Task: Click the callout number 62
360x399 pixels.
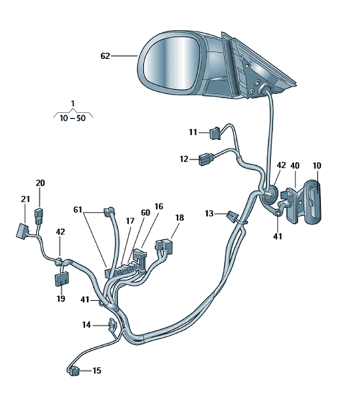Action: click(105, 56)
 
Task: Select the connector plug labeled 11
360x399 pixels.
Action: click(215, 133)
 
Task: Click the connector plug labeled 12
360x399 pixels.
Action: click(206, 159)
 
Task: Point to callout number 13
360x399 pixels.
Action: click(209, 214)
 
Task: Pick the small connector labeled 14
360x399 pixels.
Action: click(112, 324)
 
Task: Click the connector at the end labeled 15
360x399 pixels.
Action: click(75, 371)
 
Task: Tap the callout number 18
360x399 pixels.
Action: click(180, 218)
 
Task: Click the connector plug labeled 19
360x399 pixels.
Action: click(61, 278)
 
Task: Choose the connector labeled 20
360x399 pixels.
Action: click(39, 216)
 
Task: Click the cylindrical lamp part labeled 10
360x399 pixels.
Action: click(313, 202)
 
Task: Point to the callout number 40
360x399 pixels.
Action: click(295, 166)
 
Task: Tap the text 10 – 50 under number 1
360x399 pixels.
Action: click(73, 118)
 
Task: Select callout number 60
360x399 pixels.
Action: click(146, 212)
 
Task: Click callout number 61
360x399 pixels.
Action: click(78, 210)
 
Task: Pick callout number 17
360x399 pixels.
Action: click(130, 221)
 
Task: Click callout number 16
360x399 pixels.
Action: click(159, 206)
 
